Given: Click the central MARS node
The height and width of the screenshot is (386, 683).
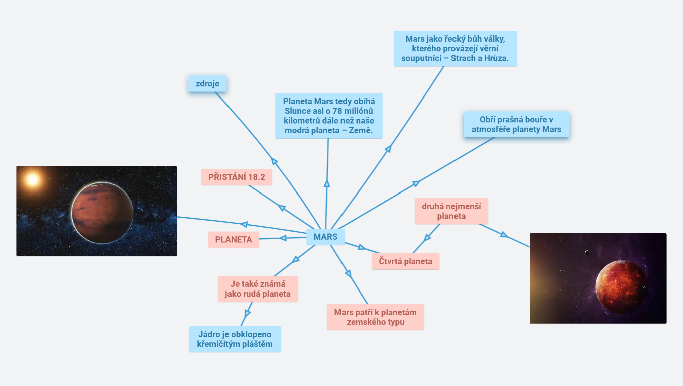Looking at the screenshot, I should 325,237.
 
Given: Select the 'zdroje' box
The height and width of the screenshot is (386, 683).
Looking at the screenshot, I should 207,84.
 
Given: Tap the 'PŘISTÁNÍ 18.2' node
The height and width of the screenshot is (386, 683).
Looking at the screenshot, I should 237,177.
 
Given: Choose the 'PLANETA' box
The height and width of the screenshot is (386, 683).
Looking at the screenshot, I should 234,240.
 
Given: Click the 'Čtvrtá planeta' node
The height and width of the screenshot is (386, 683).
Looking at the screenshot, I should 405,261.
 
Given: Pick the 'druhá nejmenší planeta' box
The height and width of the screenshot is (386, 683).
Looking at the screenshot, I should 451,211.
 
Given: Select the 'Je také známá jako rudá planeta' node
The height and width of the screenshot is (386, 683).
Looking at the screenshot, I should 258,289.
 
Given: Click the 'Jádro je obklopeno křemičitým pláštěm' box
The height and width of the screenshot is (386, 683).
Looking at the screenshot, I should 235,339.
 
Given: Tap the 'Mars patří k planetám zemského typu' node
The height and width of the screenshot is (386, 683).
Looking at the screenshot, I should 375,317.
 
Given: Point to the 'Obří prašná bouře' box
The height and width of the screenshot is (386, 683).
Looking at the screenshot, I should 516,124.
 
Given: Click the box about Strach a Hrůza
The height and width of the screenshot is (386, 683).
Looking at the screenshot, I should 455,48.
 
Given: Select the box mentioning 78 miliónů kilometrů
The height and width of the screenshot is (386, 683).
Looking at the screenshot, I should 328,116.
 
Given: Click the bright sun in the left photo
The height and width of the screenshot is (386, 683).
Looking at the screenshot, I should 33,179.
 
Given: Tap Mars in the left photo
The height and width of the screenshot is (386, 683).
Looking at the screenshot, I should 102,213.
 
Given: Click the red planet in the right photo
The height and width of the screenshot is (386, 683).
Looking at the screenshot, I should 622,287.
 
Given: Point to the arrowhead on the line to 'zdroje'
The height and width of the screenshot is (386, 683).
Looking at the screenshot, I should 274,161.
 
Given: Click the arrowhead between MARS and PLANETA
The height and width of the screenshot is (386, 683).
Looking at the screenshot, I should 283,238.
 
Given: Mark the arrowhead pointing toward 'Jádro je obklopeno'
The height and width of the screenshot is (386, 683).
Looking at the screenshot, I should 247,313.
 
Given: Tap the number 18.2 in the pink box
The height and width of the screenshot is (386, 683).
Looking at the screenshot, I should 256,177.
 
